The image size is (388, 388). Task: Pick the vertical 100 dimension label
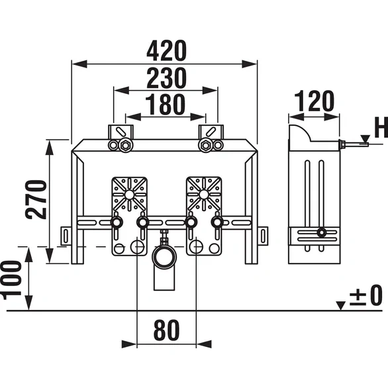pyautogui.click(x=15, y=278)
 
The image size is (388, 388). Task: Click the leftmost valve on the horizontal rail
pyautogui.click(x=116, y=224)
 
